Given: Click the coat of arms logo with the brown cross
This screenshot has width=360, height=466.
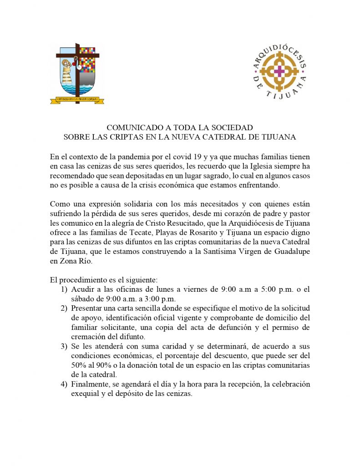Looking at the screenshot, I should (x=76, y=73).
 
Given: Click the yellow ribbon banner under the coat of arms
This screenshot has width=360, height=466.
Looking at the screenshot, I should (x=76, y=99).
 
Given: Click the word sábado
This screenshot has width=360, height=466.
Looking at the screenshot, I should (x=83, y=299).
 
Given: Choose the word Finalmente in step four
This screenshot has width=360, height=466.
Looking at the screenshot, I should (x=90, y=385).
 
